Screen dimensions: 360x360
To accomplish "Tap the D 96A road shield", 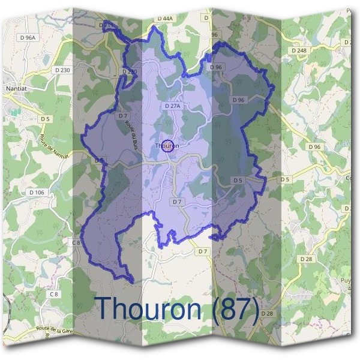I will [28, 38].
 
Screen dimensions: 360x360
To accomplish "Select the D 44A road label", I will [165, 19].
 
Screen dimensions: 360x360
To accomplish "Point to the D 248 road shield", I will [298, 50].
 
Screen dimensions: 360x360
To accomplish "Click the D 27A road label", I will [172, 106].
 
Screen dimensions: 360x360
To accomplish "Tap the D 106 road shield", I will [36, 192].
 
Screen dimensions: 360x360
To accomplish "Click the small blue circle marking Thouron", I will [168, 145].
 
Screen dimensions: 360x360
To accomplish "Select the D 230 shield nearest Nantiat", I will [62, 70].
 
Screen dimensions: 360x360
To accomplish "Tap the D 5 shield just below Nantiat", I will [45, 119].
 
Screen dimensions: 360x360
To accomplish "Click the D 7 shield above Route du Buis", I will [123, 115].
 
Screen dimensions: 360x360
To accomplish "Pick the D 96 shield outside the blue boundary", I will [314, 146].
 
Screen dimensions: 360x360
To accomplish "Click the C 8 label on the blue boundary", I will [76, 242].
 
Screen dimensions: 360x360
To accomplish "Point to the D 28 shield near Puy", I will [305, 259].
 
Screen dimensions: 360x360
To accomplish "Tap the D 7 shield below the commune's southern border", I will [202, 251].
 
